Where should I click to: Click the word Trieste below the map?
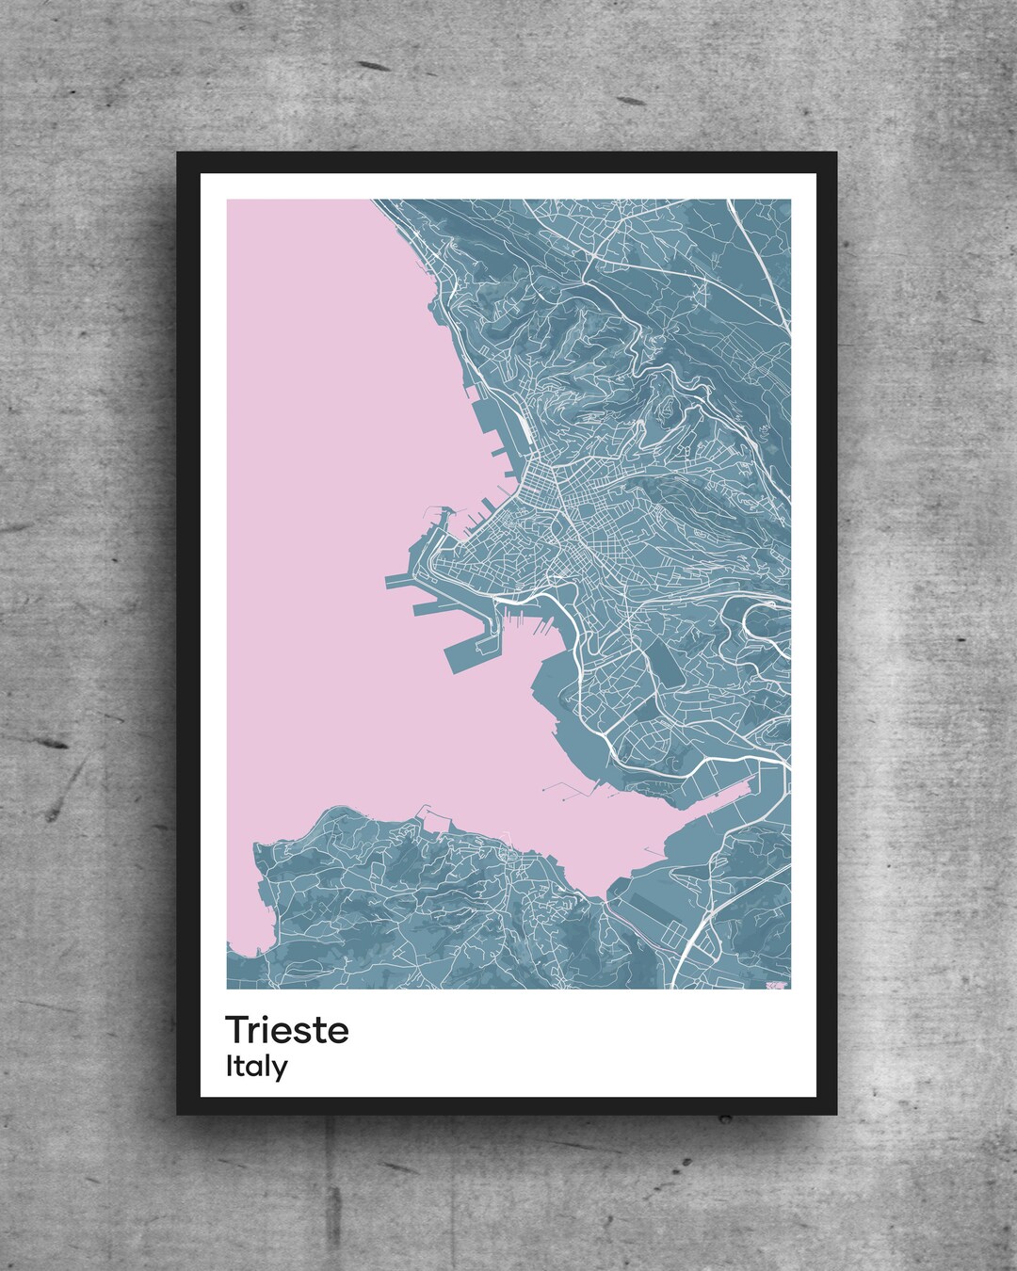[x=286, y=1029]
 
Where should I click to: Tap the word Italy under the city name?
[x=256, y=1067]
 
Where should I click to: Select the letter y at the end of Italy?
[x=281, y=1070]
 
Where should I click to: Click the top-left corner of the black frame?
[x=179, y=153]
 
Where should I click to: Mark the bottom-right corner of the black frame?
[x=836, y=1114]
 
